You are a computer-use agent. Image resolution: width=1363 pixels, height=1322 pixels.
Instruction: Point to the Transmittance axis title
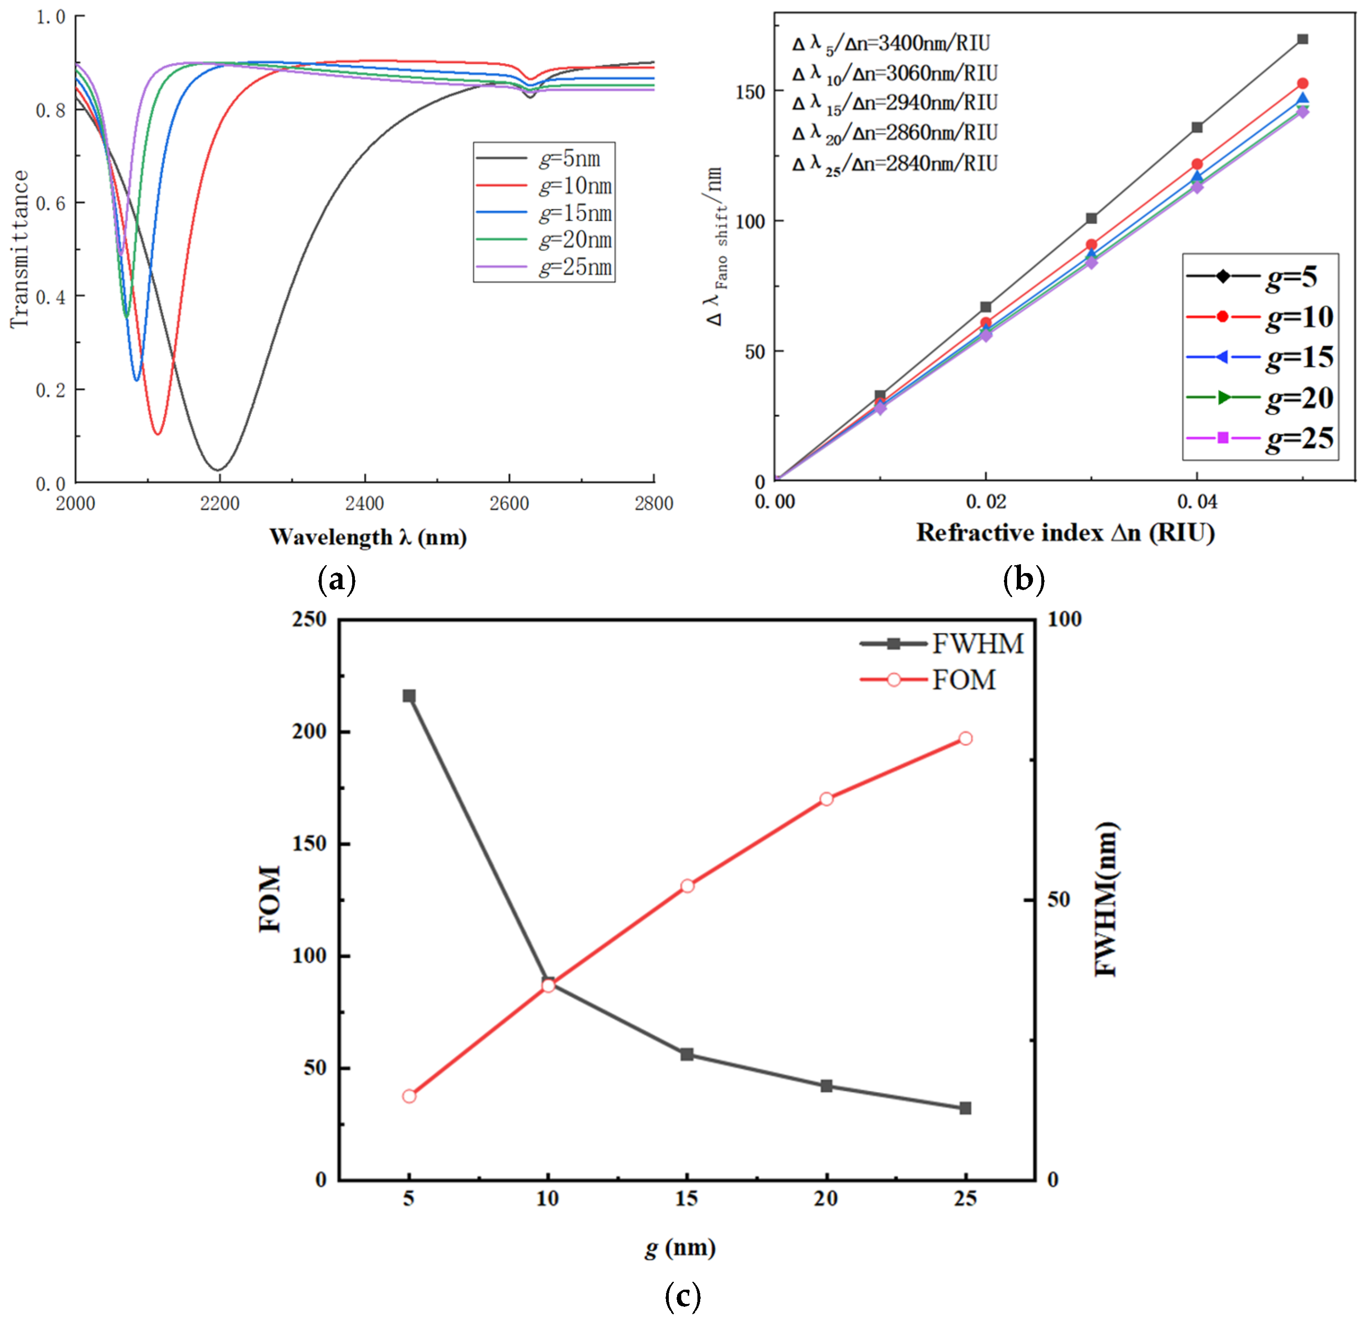[19, 249]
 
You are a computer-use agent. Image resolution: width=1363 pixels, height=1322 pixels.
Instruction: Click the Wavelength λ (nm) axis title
[368, 537]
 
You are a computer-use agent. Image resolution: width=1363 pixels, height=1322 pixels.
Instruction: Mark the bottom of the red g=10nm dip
[158, 434]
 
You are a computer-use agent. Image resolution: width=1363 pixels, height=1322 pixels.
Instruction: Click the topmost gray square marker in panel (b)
[1303, 39]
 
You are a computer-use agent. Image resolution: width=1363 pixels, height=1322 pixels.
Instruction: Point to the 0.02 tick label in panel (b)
[985, 501]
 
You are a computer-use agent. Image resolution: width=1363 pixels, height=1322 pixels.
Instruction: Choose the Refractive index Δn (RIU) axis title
[1065, 532]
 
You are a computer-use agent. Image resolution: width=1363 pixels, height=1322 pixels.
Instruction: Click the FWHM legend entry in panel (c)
[942, 644]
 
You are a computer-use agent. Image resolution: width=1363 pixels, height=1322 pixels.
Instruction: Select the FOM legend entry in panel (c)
[928, 680]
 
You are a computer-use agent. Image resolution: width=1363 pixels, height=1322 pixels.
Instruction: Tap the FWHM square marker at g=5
[409, 696]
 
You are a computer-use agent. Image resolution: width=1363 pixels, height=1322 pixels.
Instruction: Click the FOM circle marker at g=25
[965, 738]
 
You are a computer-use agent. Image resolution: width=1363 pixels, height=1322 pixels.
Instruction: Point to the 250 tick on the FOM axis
[310, 619]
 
